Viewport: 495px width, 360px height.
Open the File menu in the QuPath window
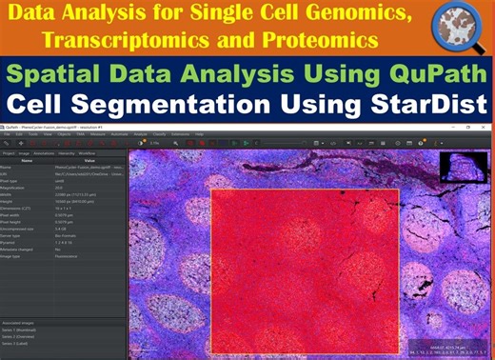(x=8, y=133)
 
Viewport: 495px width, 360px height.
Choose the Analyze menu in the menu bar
(x=140, y=133)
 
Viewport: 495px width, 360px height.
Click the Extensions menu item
(x=179, y=133)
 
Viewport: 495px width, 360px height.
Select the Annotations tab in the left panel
(x=44, y=152)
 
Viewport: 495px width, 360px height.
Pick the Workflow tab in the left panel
(x=87, y=152)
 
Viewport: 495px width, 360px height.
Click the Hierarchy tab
(x=67, y=152)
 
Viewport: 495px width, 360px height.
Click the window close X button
(x=488, y=126)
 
